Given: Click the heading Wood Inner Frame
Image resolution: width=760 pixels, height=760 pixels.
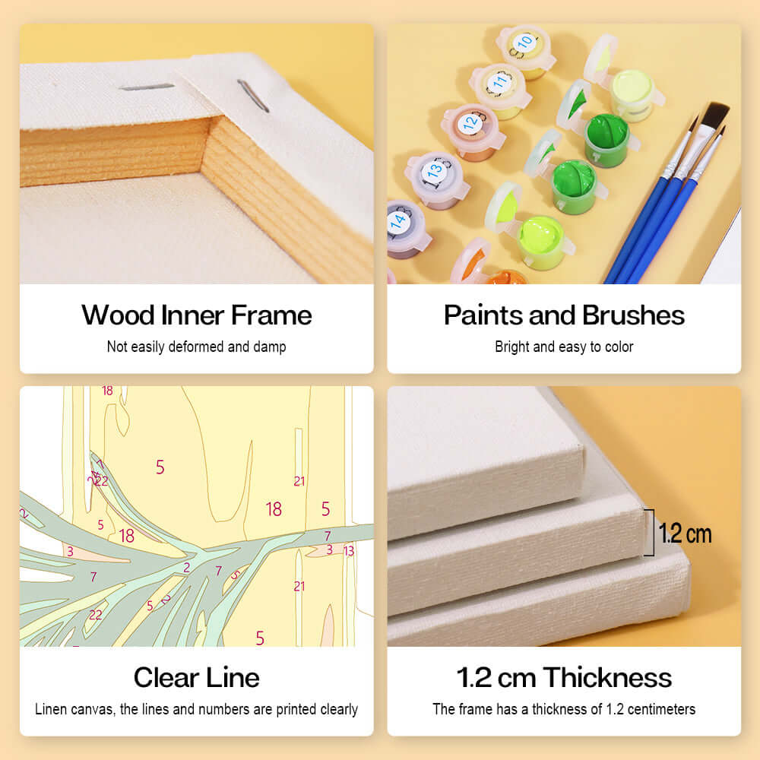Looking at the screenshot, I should click(x=197, y=315).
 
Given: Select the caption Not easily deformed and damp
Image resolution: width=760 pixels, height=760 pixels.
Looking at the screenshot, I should click(x=197, y=347).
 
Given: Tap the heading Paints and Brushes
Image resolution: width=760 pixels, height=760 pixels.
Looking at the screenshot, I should click(x=564, y=315).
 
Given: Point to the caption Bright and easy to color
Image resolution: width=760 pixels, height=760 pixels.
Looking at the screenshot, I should click(x=564, y=347).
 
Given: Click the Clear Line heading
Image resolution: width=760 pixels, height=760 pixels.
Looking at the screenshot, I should click(x=197, y=677).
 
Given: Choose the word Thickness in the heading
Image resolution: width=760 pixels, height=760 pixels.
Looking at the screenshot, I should click(x=607, y=677).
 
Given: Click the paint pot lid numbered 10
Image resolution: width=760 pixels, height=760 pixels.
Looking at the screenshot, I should click(x=524, y=43).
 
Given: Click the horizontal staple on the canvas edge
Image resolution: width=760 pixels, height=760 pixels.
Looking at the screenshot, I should click(x=147, y=87).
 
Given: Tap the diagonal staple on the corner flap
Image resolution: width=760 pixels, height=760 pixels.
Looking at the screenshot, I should click(x=252, y=97).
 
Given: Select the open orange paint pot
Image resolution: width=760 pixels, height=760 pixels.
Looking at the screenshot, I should click(x=505, y=278).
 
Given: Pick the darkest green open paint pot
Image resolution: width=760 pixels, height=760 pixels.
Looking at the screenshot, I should click(x=606, y=130).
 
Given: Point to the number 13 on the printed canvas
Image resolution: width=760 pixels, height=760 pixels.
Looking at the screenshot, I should click(x=349, y=551).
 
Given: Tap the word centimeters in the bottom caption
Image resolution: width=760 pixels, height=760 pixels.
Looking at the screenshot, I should click(x=660, y=709).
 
